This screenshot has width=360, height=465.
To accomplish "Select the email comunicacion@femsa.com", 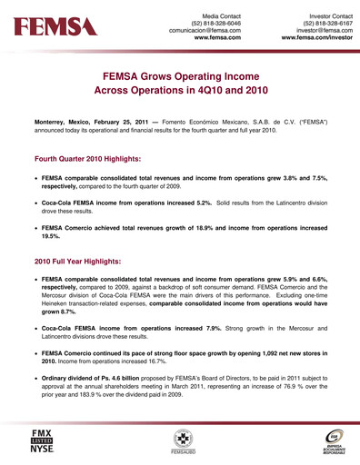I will [x=205, y=31].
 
